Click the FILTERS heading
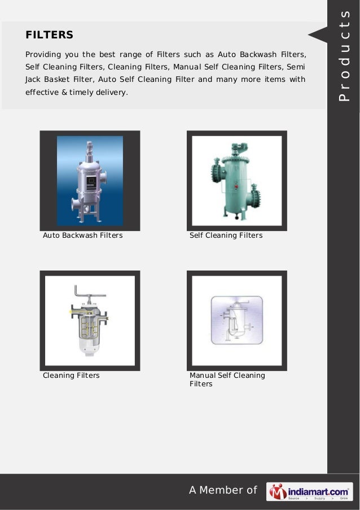[x=50, y=35]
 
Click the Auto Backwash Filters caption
[x=83, y=235]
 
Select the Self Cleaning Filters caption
[x=226, y=235]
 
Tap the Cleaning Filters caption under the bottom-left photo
[x=71, y=375]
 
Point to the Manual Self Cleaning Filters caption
[x=227, y=380]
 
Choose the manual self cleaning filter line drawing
[x=236, y=320]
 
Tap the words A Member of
[x=223, y=490]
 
